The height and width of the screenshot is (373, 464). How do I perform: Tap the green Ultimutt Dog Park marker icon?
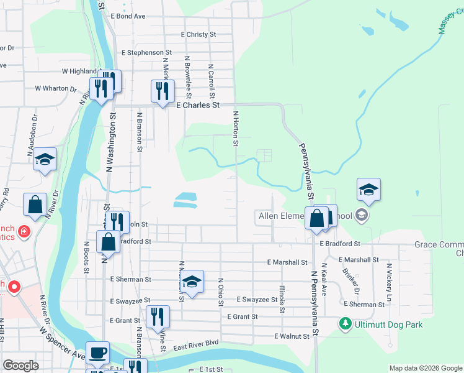(x=345, y=324)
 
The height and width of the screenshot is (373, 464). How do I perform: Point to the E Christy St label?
(x=198, y=35)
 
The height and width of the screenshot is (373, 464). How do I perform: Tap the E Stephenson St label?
(x=146, y=53)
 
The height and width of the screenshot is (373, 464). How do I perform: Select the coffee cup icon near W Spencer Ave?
(x=97, y=352)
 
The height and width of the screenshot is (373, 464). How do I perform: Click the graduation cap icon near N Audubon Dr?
(x=45, y=159)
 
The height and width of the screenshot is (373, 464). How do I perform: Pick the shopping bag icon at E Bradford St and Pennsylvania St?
(x=316, y=218)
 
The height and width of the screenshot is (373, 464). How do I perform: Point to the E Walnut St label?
(x=292, y=336)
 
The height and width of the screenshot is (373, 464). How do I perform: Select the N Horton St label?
(x=236, y=129)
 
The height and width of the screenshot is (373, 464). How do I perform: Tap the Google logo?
(x=20, y=366)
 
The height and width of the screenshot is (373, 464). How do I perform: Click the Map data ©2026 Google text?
(x=425, y=368)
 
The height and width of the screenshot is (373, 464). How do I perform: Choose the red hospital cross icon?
(x=24, y=232)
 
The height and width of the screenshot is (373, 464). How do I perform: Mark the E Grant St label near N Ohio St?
(x=242, y=316)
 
